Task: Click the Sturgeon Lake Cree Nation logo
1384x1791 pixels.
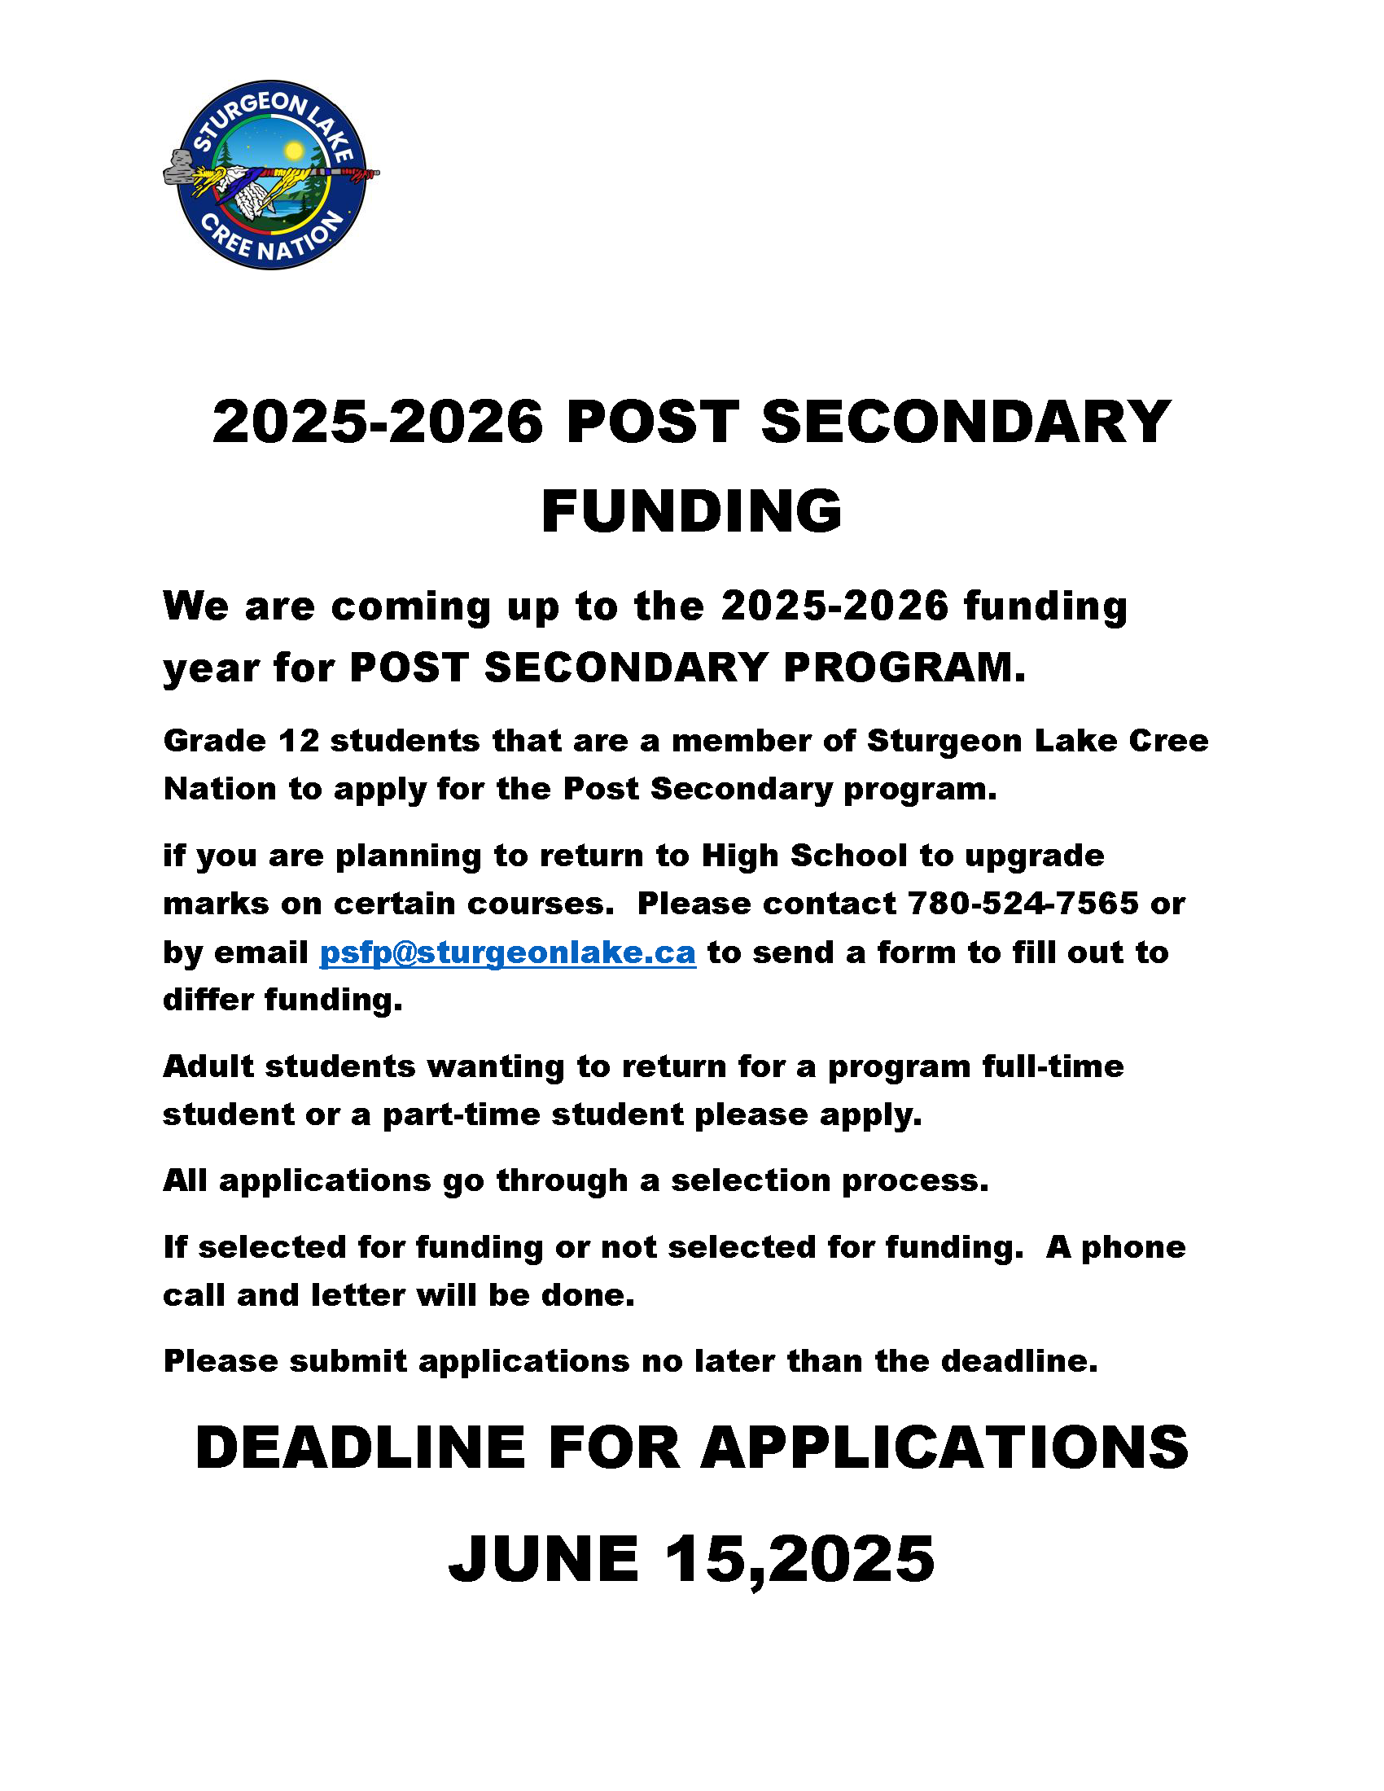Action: [270, 175]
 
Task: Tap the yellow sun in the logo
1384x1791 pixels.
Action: [294, 151]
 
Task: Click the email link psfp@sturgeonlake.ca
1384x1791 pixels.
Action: [507, 953]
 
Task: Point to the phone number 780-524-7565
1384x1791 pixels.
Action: [1023, 904]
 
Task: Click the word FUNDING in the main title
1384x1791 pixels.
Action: [691, 511]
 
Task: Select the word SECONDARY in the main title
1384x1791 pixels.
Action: [966, 423]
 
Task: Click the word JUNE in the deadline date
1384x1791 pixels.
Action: [544, 1558]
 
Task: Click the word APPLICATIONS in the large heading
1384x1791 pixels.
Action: [944, 1447]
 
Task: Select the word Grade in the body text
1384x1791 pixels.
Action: [214, 742]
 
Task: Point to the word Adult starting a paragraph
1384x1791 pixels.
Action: [208, 1067]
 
